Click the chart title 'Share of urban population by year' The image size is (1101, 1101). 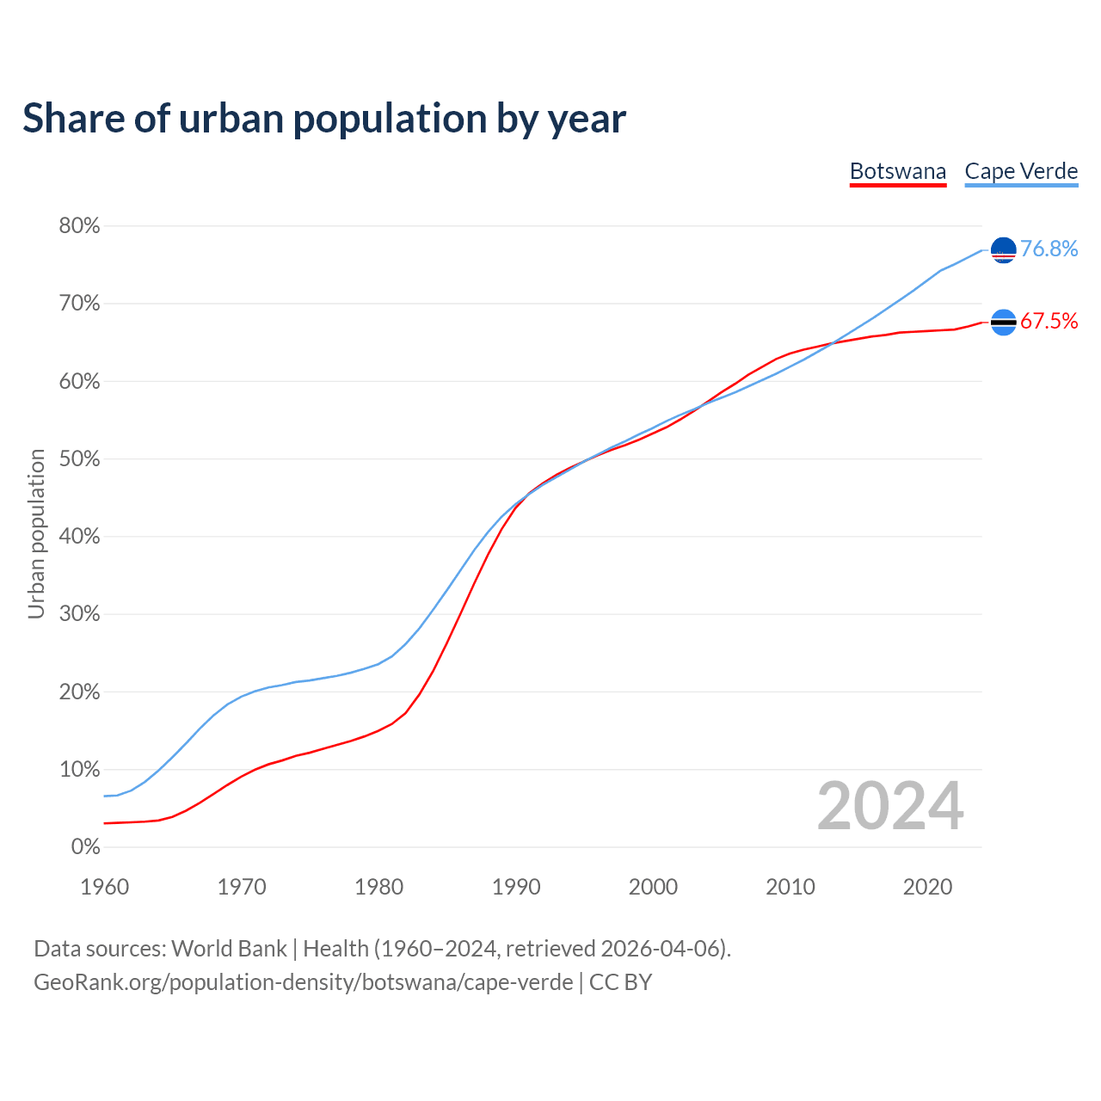(324, 119)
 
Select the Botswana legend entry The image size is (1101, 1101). (897, 171)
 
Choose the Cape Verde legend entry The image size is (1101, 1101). (1021, 171)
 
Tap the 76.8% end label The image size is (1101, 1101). (1049, 249)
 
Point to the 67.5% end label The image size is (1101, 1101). (1049, 322)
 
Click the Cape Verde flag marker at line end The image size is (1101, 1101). (1004, 250)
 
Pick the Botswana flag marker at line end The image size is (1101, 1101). (1004, 323)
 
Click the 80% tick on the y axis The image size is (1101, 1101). (79, 226)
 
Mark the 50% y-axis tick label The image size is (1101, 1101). (79, 459)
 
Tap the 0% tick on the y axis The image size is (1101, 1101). (85, 847)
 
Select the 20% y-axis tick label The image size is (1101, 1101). (79, 692)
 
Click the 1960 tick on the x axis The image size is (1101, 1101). (105, 887)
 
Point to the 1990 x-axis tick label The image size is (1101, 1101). (516, 887)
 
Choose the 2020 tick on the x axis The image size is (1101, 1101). (927, 887)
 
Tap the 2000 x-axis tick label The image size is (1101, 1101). (653, 887)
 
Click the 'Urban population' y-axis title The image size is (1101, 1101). (36, 533)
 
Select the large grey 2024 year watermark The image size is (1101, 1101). (890, 806)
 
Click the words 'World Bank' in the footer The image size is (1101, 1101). (229, 949)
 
